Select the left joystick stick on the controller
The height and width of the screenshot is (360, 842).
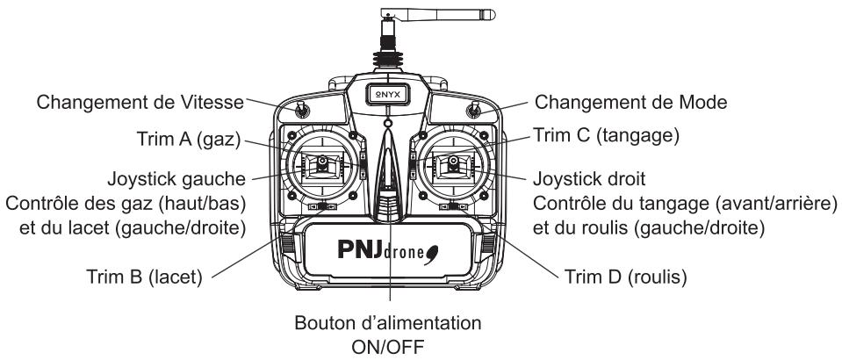tap(322, 162)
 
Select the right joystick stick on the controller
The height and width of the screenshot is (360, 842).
tap(451, 162)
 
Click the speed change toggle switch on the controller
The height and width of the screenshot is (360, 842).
tap(300, 111)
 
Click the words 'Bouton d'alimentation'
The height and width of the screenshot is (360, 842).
tap(387, 323)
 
